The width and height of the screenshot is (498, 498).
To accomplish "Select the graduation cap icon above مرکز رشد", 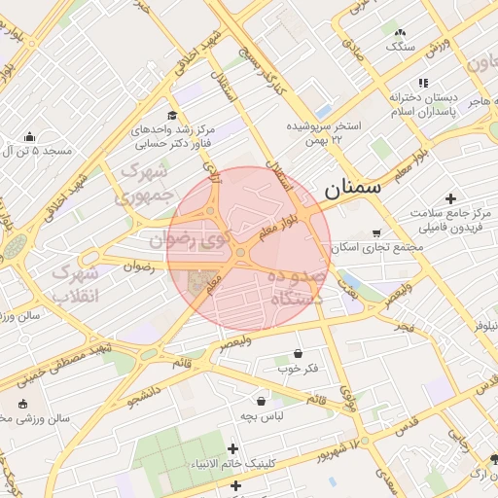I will pyautogui.click(x=172, y=115).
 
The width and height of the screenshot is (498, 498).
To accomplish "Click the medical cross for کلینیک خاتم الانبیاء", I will pyautogui.click(x=231, y=448).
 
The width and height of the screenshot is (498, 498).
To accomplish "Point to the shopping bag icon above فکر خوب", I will pyautogui.click(x=297, y=354).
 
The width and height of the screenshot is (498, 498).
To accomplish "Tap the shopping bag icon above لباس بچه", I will pyautogui.click(x=261, y=400).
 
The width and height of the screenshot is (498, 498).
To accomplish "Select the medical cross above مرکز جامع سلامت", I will pyautogui.click(x=449, y=198).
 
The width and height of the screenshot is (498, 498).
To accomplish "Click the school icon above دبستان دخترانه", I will pyautogui.click(x=422, y=84).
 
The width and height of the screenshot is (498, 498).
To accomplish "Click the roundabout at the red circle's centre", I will pyautogui.click(x=240, y=254).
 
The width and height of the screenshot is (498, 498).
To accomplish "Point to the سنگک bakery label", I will pyautogui.click(x=399, y=47).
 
